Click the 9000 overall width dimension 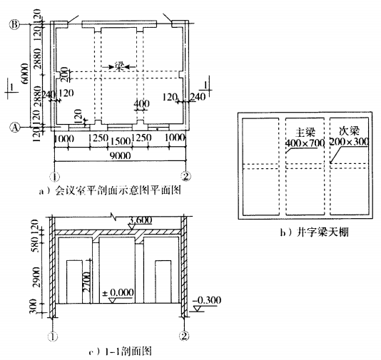[x=121, y=155]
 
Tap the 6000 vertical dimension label [x=25, y=74]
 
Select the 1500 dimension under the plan [x=121, y=141]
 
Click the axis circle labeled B [x=14, y=24]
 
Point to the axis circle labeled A [x=15, y=127]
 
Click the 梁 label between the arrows [x=119, y=66]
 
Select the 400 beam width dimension [x=142, y=104]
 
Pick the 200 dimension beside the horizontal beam [x=64, y=75]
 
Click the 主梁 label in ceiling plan [x=305, y=133]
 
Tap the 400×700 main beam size [x=305, y=143]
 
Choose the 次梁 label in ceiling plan [x=349, y=131]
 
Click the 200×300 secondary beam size [x=349, y=142]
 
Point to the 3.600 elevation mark [x=141, y=220]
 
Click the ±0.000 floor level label [x=118, y=292]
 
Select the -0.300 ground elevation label [x=207, y=300]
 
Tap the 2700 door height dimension [x=86, y=282]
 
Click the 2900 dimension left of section [x=36, y=277]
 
